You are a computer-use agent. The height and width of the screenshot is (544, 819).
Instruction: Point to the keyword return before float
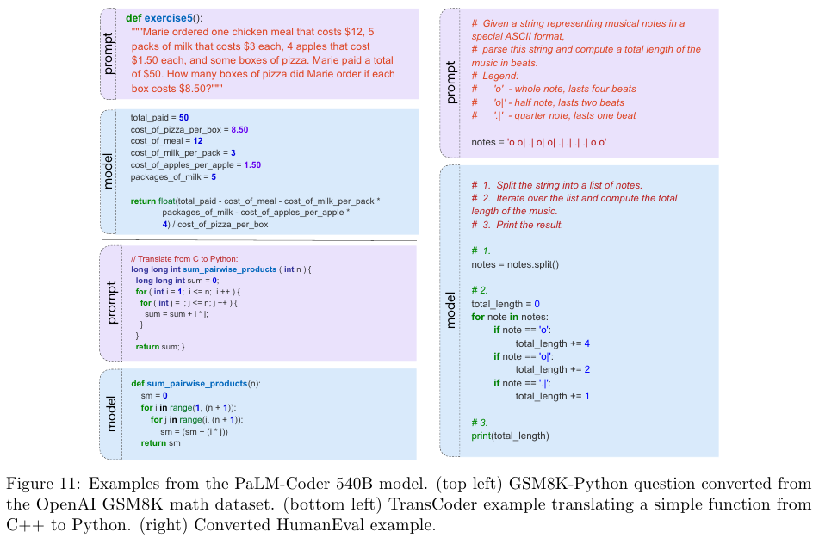pyautogui.click(x=143, y=201)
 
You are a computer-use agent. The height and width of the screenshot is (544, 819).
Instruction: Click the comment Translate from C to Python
pyautogui.click(x=183, y=258)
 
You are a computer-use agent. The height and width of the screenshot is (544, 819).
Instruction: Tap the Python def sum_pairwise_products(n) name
pyautogui.click(x=195, y=383)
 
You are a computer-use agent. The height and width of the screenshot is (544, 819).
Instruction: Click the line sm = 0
pyautogui.click(x=155, y=395)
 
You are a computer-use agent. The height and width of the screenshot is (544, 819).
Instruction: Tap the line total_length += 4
pyautogui.click(x=552, y=343)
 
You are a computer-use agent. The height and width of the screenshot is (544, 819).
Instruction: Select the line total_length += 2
pyautogui.click(x=552, y=369)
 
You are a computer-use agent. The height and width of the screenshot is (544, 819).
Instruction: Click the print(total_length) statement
pyautogui.click(x=510, y=436)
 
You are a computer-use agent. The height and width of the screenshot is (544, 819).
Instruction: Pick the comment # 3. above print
pyautogui.click(x=480, y=423)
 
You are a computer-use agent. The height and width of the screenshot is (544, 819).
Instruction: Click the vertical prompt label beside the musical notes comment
pyautogui.click(x=452, y=82)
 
